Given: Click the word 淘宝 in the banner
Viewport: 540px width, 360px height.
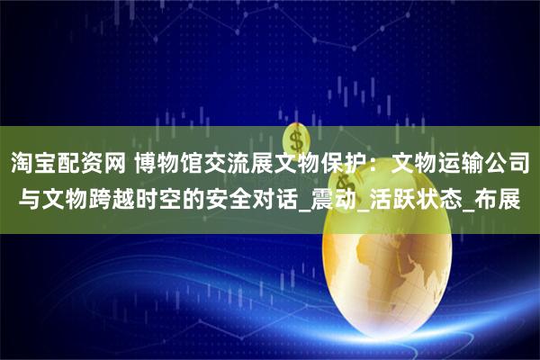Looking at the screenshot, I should click(x=35, y=163).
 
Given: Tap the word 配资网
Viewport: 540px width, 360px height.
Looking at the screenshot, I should click(x=100, y=163).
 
